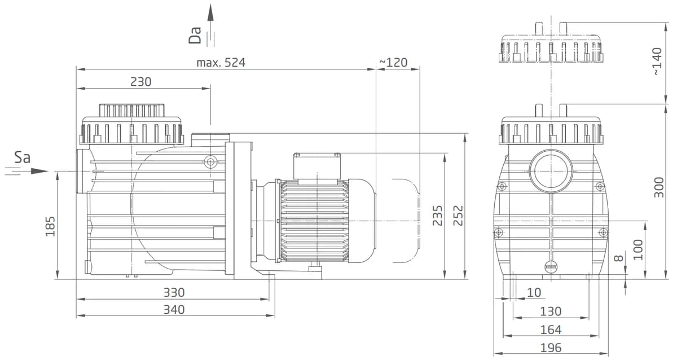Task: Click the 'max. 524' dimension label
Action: (221, 63)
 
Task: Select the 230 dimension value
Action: (141, 82)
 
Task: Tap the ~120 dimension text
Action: (393, 62)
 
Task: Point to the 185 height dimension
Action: (51, 226)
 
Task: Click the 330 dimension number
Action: (174, 293)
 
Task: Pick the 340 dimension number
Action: (174, 310)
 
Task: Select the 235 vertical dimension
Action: (438, 216)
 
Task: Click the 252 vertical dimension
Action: (459, 216)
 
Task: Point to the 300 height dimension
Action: (658, 187)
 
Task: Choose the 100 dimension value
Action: (639, 249)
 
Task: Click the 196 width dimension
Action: (551, 348)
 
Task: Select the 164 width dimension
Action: (551, 330)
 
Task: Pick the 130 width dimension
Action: (551, 311)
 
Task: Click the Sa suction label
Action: (22, 157)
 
